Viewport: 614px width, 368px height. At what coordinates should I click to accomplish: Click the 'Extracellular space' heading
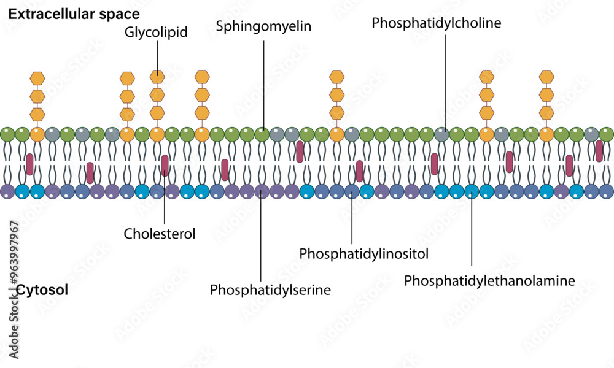point(74,13)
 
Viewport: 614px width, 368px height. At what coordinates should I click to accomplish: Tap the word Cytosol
point(42,290)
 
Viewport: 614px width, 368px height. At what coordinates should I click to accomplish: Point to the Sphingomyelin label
point(263,26)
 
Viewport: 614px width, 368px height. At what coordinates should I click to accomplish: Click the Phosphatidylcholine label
point(437,23)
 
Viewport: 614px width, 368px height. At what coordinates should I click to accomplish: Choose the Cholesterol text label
point(159,233)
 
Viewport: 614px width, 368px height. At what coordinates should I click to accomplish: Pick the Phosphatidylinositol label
point(363,253)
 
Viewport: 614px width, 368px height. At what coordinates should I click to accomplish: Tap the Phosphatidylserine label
point(270,289)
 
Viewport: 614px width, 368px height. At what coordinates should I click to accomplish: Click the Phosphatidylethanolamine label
point(489,280)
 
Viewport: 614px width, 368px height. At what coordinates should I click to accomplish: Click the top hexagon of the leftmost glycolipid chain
point(37,78)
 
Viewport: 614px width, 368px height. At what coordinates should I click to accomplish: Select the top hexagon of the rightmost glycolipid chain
point(546,77)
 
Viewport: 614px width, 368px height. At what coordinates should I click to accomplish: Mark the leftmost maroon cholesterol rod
point(29,164)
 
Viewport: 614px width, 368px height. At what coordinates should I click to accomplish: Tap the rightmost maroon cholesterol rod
point(599,151)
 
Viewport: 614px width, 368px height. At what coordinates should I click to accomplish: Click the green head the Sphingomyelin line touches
point(262,134)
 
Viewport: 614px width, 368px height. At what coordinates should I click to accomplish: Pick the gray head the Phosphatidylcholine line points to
point(441,134)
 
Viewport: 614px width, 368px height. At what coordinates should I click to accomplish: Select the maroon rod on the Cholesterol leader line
point(165,165)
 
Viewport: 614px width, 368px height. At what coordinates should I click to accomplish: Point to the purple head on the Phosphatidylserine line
point(262,192)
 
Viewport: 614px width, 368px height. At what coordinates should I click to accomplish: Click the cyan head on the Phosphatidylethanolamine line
point(471,192)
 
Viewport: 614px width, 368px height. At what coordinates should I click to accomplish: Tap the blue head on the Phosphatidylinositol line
point(351,192)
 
